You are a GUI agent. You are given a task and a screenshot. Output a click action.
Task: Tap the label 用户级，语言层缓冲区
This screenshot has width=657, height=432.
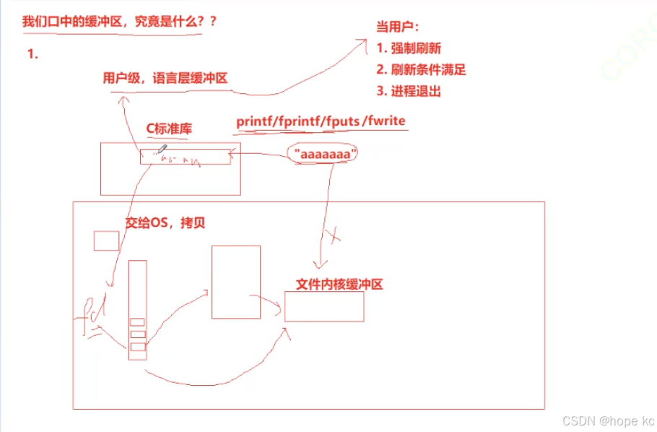[165, 78]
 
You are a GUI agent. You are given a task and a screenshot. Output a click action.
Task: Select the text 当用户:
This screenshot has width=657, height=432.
[396, 27]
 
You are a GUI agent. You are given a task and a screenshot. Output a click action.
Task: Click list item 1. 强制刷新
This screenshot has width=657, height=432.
[409, 48]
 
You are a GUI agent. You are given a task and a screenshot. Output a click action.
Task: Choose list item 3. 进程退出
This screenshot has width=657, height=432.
[409, 92]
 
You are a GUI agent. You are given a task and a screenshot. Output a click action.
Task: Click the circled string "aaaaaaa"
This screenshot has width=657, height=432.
[323, 154]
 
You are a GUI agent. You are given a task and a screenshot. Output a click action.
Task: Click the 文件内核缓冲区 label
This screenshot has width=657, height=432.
[339, 284]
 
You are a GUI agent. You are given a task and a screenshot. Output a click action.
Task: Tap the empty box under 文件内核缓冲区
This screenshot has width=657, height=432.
[324, 306]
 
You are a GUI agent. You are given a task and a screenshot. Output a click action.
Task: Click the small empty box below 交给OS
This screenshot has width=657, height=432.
[106, 241]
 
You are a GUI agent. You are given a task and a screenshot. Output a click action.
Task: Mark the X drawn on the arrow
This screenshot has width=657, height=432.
[334, 235]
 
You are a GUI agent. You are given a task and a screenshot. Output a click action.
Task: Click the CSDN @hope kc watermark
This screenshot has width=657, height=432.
[609, 420]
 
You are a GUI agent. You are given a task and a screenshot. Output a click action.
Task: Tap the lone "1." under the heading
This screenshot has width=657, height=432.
[32, 54]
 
